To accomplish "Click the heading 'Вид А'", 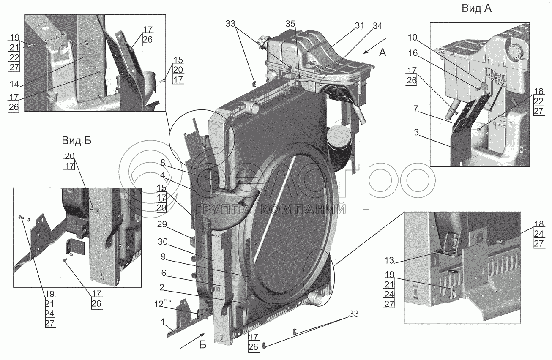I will (476, 9).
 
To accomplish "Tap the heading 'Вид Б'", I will (76, 139).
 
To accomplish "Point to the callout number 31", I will (359, 26).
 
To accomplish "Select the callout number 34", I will (377, 26).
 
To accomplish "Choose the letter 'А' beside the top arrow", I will (383, 52).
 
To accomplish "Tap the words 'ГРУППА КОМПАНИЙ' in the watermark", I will (271, 209).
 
